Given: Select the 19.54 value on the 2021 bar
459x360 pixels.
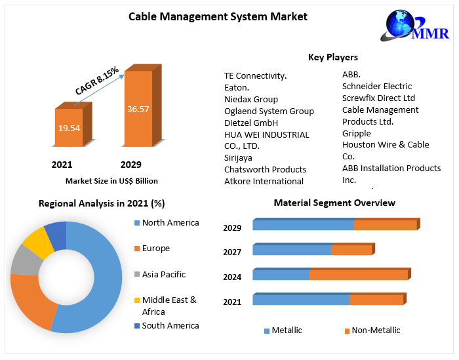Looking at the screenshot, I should [x=69, y=128].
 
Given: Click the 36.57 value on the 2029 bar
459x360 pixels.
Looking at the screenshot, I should [x=138, y=109].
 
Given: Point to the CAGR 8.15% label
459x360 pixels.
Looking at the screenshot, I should [x=96, y=80].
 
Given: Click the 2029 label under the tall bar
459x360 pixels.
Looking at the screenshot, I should [x=130, y=165].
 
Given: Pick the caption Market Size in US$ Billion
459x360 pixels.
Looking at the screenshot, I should [x=111, y=181].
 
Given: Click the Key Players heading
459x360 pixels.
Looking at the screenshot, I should [x=333, y=58].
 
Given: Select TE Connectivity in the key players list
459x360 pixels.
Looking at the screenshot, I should [x=256, y=76].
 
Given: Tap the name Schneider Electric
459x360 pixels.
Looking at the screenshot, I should [x=377, y=87].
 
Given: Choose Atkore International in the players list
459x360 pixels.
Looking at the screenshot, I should [x=264, y=182].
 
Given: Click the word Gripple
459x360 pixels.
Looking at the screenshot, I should [x=356, y=134].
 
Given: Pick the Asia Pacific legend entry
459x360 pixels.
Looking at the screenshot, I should [x=163, y=275].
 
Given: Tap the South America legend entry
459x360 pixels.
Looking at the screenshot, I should [x=170, y=326].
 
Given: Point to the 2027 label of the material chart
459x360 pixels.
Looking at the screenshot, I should [x=232, y=252].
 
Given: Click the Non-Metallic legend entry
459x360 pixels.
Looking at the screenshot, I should [x=375, y=330].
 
